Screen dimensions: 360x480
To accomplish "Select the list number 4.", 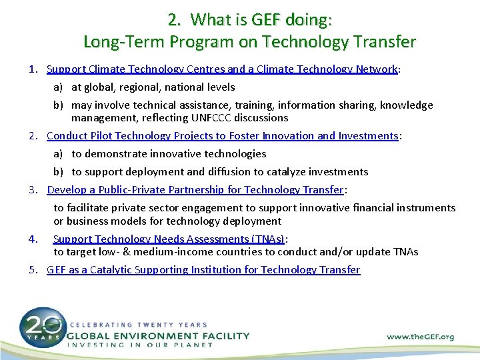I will coord(33,239).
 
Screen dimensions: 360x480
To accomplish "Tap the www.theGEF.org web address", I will coord(420,337).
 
